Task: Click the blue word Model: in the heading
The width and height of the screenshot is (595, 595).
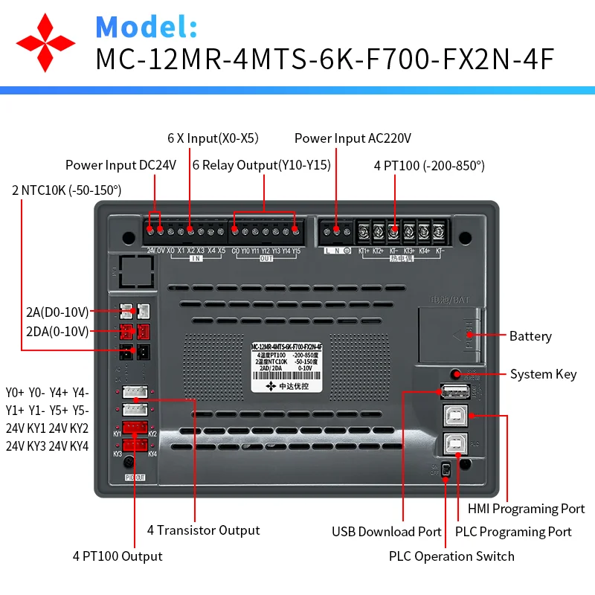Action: click(147, 27)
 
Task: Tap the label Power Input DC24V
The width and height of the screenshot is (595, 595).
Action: click(120, 165)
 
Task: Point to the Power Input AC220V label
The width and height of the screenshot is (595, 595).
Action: click(353, 138)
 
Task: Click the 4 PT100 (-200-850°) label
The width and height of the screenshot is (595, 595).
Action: click(429, 165)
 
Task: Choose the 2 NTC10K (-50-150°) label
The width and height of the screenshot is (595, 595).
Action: click(66, 190)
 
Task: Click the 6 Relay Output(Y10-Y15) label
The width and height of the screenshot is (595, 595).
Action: click(261, 165)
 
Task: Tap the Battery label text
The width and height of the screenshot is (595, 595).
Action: click(530, 336)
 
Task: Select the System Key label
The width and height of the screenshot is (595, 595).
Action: click(543, 374)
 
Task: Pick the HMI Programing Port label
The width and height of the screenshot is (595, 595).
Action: click(526, 509)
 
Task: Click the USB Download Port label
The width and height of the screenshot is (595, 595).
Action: click(387, 532)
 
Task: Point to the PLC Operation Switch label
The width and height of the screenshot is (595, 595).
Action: click(451, 556)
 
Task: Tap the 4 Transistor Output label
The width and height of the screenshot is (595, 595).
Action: click(203, 530)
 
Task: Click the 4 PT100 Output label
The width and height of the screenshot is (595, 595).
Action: click(118, 556)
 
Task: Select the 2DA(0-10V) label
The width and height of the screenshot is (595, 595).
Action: click(57, 331)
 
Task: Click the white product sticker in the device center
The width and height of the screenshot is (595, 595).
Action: click(286, 366)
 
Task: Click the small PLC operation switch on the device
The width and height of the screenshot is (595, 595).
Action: click(446, 470)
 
